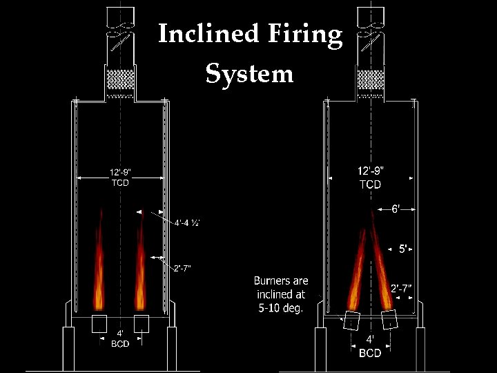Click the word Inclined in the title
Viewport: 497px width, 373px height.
click(x=206, y=34)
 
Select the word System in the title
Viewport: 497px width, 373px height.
click(x=249, y=73)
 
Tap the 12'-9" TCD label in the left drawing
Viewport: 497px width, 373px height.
click(x=119, y=178)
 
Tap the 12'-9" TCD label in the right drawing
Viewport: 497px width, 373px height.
click(x=370, y=178)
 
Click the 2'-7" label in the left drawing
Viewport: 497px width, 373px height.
click(x=182, y=267)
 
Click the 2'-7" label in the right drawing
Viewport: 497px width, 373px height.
click(x=402, y=289)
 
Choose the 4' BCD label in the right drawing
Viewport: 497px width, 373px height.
click(x=370, y=347)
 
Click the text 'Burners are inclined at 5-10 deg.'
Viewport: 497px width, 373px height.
click(x=280, y=294)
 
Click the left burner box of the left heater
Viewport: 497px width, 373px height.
click(x=99, y=323)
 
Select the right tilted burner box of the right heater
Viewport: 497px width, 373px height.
click(x=389, y=319)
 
